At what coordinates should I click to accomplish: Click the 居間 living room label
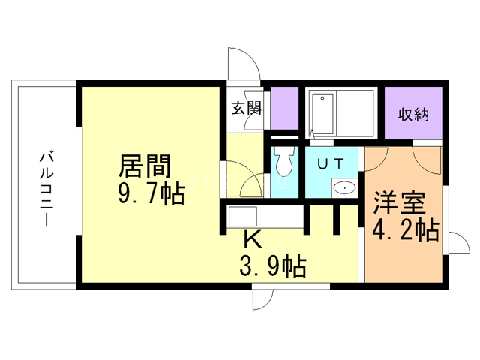click(145, 166)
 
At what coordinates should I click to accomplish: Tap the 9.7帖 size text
click(151, 194)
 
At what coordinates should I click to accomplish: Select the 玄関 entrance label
click(247, 108)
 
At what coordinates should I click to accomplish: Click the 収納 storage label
click(413, 115)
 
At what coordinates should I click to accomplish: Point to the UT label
click(331, 164)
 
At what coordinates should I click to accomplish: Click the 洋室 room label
click(399, 203)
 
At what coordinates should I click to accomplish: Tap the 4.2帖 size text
click(406, 230)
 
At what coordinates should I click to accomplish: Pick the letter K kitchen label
click(253, 240)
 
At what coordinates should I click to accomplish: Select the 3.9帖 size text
click(273, 266)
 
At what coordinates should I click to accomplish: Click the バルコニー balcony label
click(46, 190)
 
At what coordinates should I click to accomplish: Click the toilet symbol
click(284, 161)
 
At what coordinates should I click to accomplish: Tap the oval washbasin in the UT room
click(345, 187)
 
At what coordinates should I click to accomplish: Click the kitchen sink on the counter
click(242, 217)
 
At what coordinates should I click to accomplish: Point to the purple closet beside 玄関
click(284, 108)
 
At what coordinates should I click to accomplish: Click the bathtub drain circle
click(322, 98)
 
